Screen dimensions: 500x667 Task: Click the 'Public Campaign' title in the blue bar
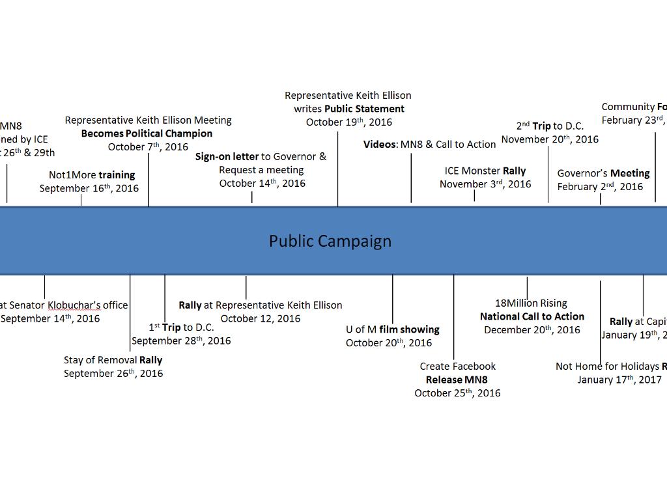tap(330, 241)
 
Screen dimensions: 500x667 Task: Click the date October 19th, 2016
tap(349, 122)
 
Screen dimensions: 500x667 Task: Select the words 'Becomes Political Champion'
tap(147, 133)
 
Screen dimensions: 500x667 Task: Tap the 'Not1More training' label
tap(92, 174)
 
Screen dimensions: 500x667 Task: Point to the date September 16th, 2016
tap(89, 188)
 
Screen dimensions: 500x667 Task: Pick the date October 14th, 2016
tap(262, 184)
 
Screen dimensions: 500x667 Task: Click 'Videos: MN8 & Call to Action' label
tap(429, 144)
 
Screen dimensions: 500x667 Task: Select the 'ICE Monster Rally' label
tap(485, 171)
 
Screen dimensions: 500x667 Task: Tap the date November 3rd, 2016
tap(485, 184)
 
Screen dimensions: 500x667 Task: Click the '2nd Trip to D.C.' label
tap(550, 126)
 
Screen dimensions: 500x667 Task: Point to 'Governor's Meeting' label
tap(603, 173)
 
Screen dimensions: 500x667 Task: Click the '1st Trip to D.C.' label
tap(181, 327)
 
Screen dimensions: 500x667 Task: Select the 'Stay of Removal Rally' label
tap(113, 360)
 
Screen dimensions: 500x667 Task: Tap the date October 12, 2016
tap(260, 318)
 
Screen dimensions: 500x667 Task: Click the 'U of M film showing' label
tap(392, 329)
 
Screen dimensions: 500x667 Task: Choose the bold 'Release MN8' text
tap(457, 380)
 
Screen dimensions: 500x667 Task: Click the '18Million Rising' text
tap(531, 303)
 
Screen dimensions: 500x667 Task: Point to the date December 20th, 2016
tap(532, 330)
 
